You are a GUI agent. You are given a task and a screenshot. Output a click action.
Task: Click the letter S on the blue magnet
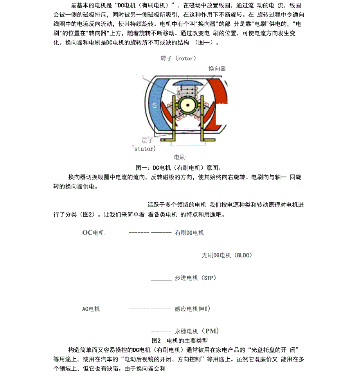[154, 105]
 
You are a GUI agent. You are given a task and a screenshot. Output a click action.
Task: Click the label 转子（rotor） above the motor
[178, 58]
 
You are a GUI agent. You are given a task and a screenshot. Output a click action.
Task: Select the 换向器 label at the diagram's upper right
[217, 68]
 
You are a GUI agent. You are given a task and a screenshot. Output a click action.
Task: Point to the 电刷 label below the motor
[180, 157]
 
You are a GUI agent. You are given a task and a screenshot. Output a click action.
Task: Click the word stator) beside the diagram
[145, 149]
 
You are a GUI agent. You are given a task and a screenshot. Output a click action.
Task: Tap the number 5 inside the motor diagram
[178, 93]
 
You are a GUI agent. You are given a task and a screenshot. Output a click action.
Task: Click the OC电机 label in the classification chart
[93, 233]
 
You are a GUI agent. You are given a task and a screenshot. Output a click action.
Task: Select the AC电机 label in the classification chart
[91, 309]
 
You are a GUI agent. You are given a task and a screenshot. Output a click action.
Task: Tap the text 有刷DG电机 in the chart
[189, 233]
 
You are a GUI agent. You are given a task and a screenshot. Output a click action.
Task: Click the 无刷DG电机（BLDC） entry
[227, 255]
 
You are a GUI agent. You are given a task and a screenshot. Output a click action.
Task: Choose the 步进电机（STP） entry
[195, 278]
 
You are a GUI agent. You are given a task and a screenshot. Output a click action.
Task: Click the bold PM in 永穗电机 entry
[212, 331]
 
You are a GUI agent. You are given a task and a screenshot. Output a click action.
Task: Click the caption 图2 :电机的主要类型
[180, 340]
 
